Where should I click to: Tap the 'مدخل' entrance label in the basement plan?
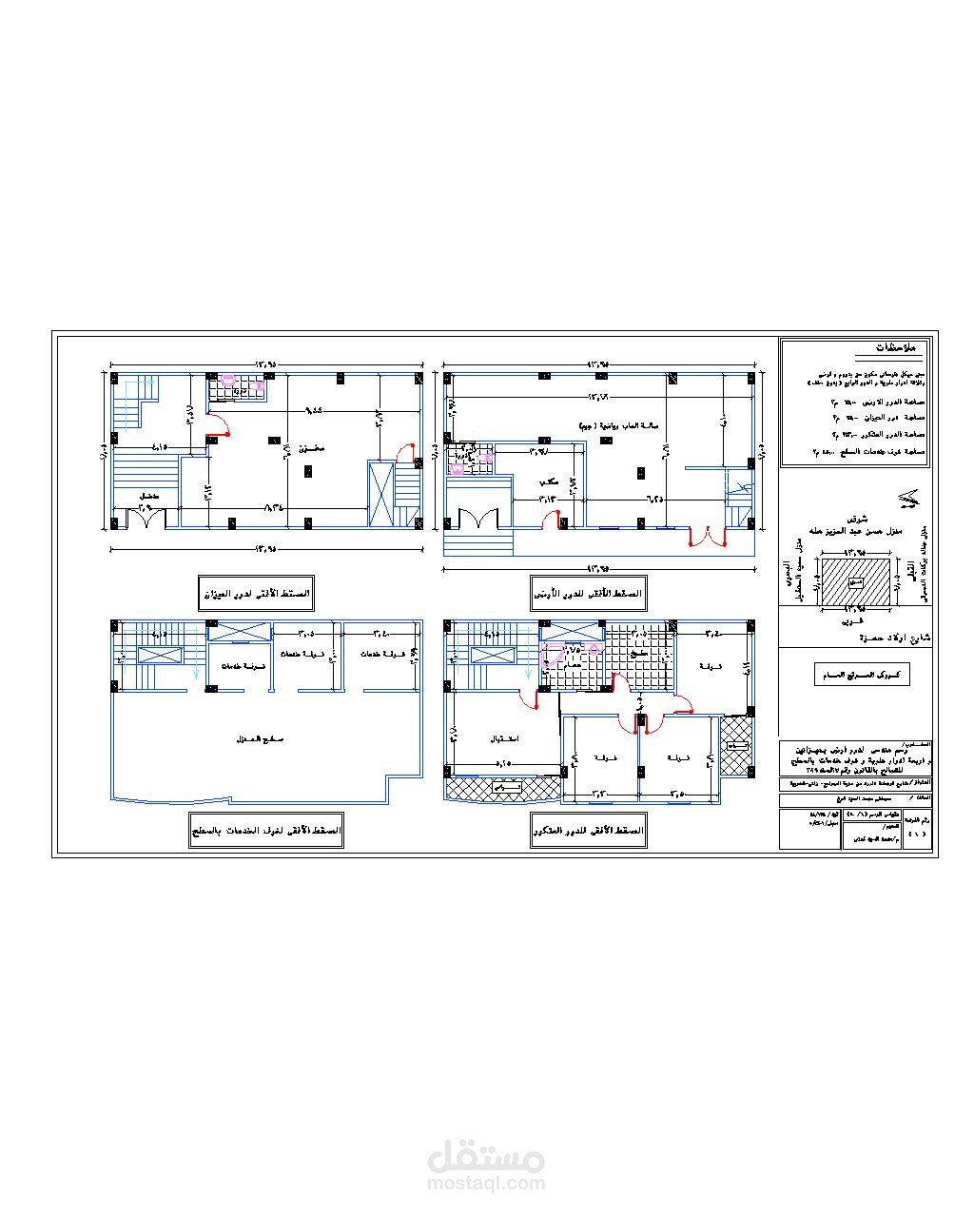tap(148, 497)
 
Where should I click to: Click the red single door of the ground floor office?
tap(550, 521)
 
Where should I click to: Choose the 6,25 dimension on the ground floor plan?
tap(655, 498)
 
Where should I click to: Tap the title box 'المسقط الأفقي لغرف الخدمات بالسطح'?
tap(266, 831)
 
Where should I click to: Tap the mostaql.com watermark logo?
tap(486, 1167)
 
